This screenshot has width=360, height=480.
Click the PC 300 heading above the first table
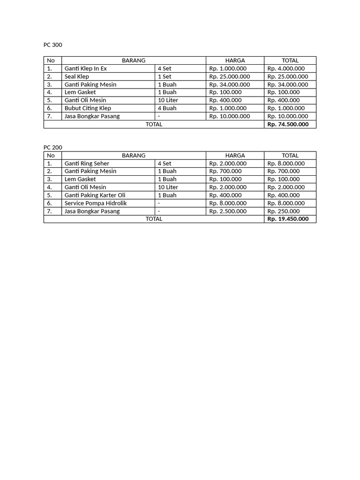[x=52, y=45]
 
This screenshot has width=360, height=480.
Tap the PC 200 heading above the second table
[x=52, y=147]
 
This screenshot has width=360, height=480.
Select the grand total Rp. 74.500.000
[x=288, y=124]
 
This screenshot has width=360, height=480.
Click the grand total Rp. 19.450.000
[x=288, y=219]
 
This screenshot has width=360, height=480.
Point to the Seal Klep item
[x=77, y=76]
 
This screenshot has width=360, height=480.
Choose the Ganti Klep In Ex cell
[x=86, y=68]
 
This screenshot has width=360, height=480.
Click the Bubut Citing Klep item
[x=88, y=108]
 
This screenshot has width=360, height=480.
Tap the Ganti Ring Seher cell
[x=87, y=164]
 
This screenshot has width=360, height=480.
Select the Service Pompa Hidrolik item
[x=96, y=203]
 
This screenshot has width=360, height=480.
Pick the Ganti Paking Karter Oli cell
[x=95, y=195]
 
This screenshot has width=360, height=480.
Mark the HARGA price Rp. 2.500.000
[x=228, y=211]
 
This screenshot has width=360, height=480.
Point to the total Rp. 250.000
[x=283, y=211]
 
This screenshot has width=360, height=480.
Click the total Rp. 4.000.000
[x=286, y=68]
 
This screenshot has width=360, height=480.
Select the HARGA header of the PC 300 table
[x=235, y=60]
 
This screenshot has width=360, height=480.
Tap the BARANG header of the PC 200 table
[x=134, y=156]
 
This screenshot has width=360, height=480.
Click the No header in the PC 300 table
[x=51, y=60]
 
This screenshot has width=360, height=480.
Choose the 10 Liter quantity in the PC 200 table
[x=168, y=187]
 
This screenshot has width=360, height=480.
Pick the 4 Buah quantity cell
[x=167, y=108]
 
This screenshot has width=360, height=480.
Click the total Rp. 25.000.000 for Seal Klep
[x=288, y=76]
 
